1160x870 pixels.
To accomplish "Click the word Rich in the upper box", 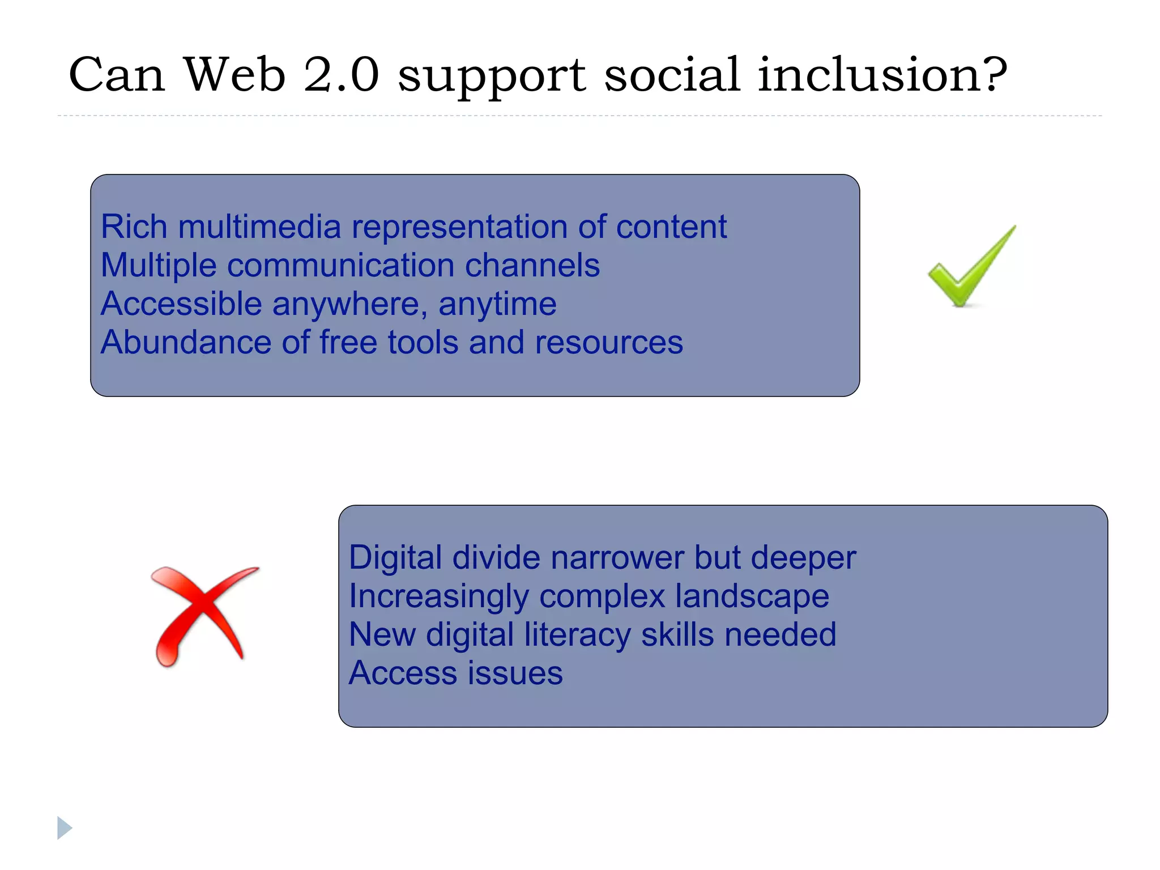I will point(134,227).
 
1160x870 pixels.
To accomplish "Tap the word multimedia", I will point(259,227).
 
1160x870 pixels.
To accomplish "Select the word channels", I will point(532,265).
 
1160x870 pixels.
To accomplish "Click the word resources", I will point(609,342).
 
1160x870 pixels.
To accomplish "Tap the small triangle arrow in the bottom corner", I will point(65,828).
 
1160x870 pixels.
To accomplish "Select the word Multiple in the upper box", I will point(159,265).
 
